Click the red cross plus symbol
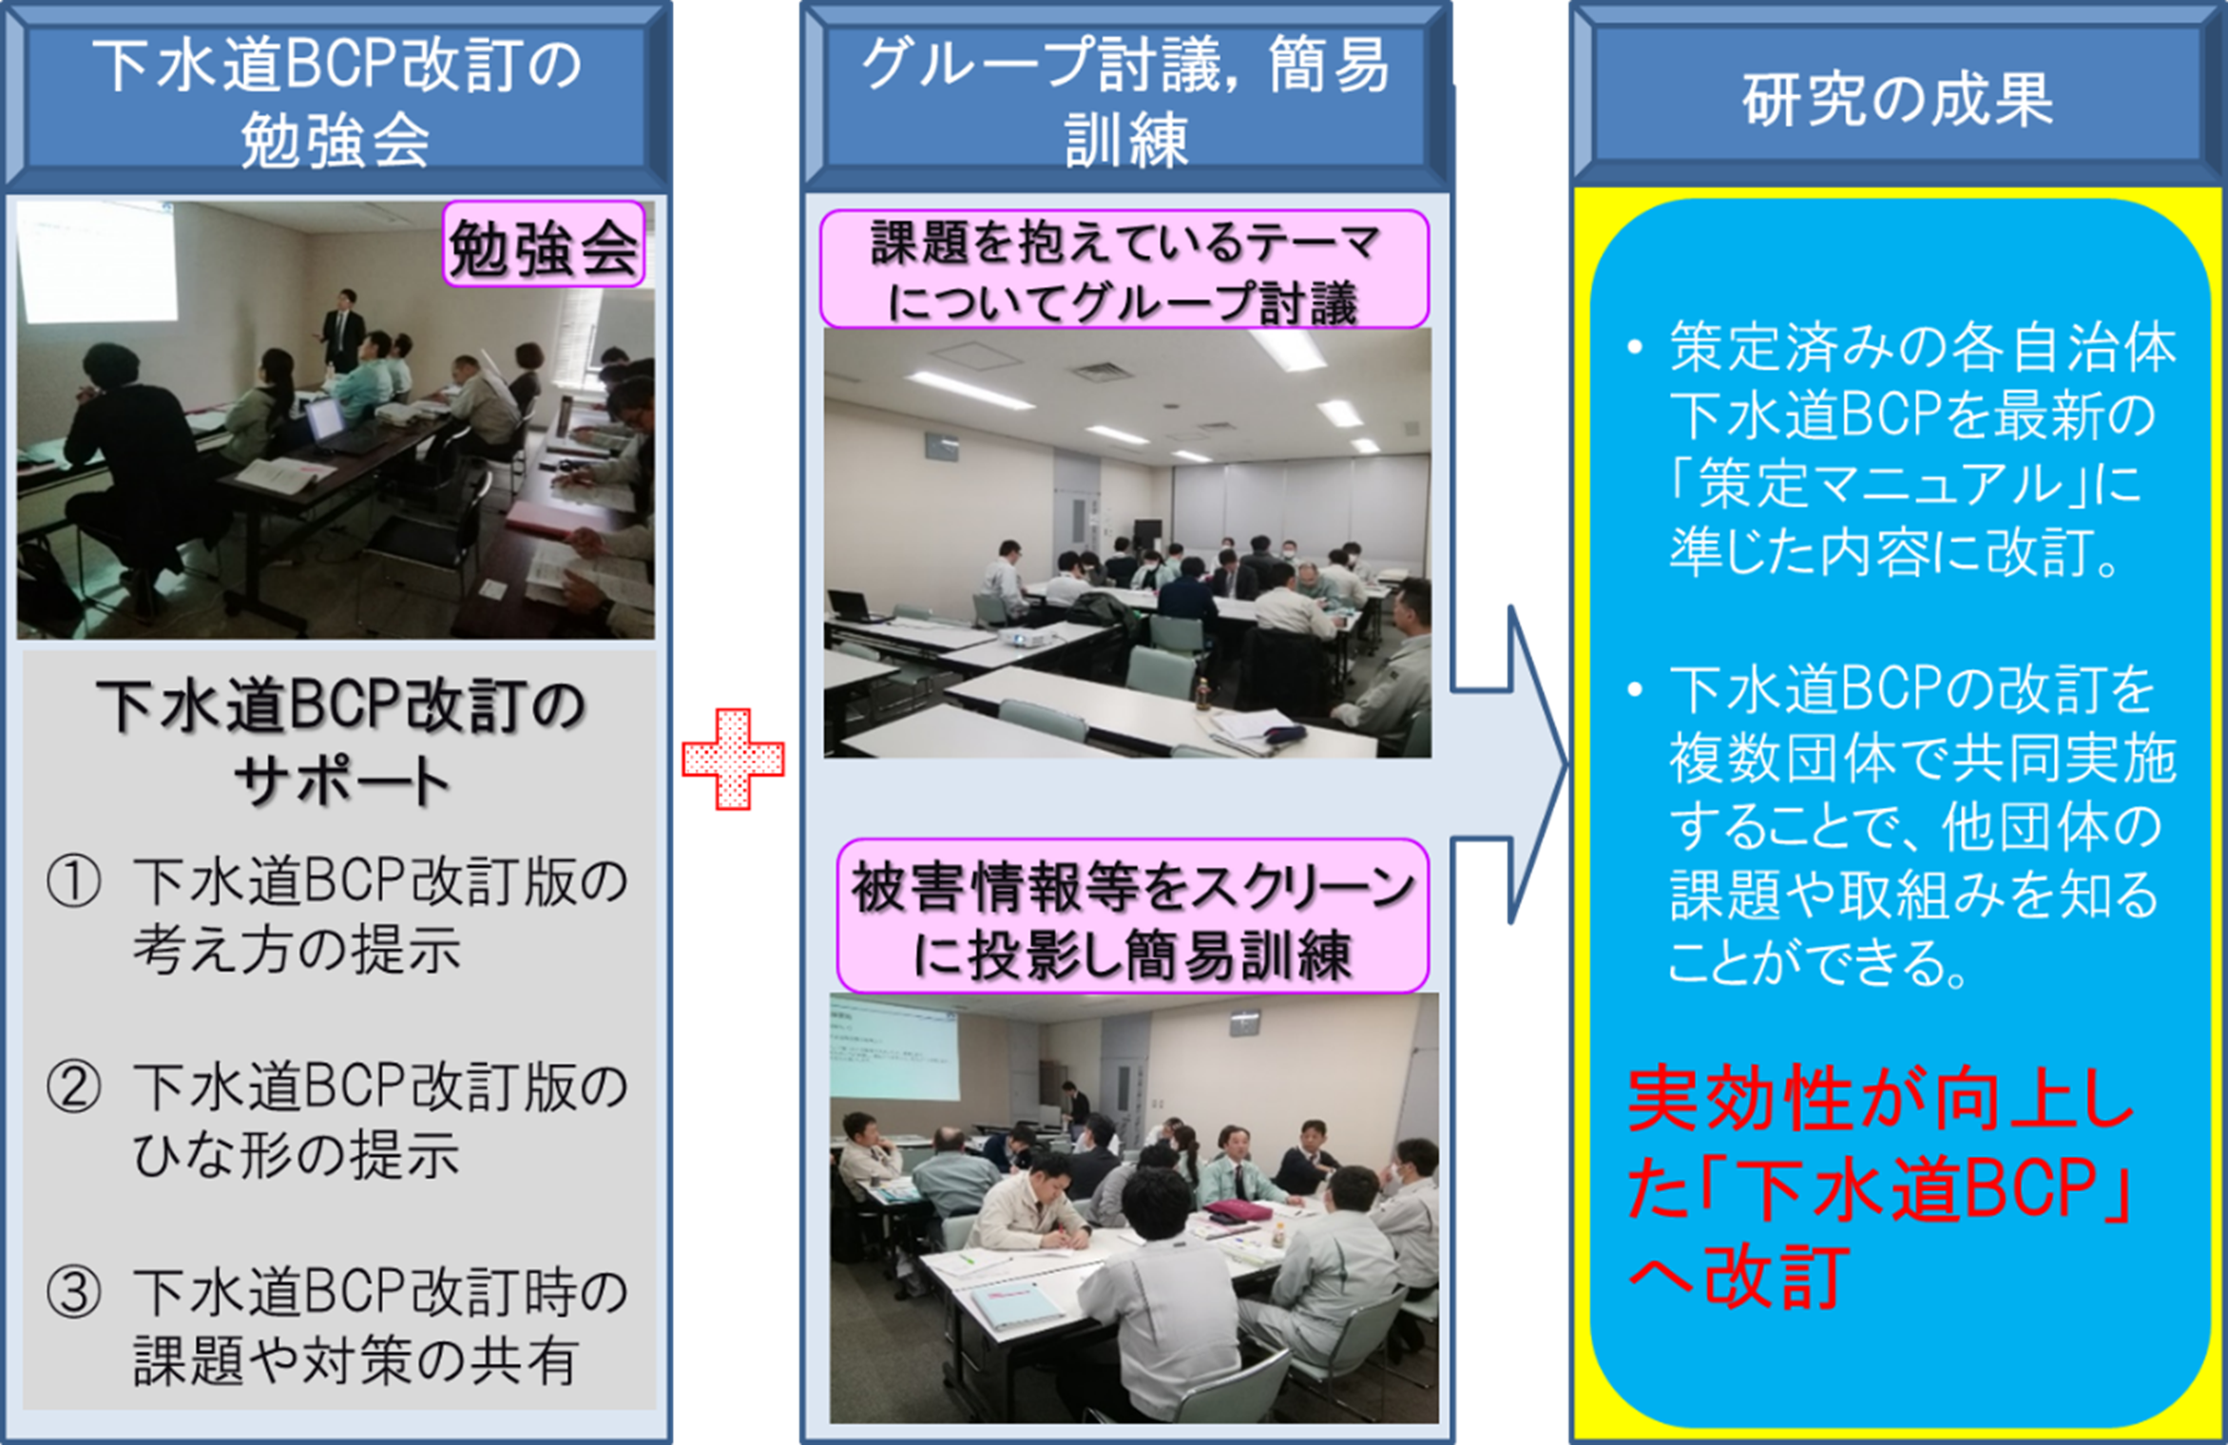[x=733, y=759]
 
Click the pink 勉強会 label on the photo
[x=544, y=243]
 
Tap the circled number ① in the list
[x=73, y=881]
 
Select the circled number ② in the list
[x=73, y=1087]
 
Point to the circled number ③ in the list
[x=73, y=1292]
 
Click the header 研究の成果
[x=1897, y=98]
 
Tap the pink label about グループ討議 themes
[x=1124, y=270]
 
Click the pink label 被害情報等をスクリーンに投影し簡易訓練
[x=1133, y=916]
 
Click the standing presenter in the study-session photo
[x=340, y=329]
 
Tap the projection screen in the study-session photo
[x=98, y=262]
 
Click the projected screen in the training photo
[x=893, y=1047]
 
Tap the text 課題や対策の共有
[x=356, y=1360]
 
